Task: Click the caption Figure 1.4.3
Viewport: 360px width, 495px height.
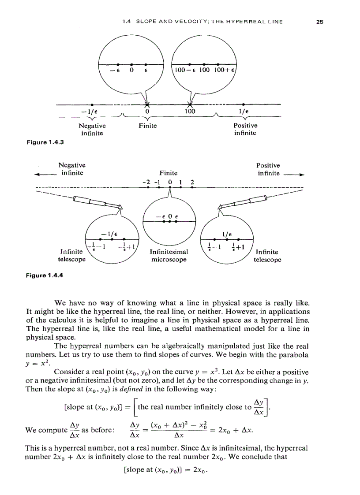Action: point(37,142)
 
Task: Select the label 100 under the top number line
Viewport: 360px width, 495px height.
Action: point(190,112)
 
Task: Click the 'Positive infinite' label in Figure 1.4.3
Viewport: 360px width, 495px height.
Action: point(245,129)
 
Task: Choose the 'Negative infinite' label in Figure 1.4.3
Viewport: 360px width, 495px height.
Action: point(92,129)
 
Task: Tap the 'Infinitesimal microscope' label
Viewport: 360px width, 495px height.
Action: point(169,256)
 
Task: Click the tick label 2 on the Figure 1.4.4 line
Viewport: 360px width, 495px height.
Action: point(192,181)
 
